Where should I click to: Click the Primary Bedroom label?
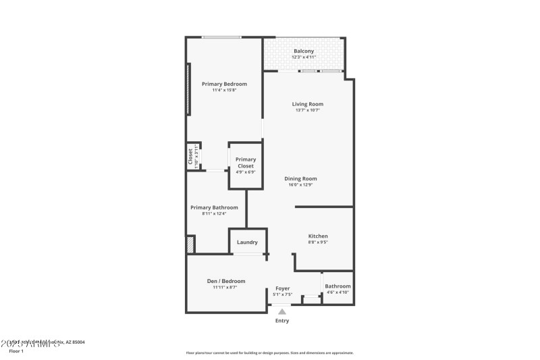(224, 84)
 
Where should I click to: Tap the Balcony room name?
(304, 51)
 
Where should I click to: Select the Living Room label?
(308, 104)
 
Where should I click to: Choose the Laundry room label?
(247, 242)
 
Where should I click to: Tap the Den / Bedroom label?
(225, 281)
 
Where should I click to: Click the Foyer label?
(281, 288)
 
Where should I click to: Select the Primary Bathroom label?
(214, 207)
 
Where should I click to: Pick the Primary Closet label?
(245, 162)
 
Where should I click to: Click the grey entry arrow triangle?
(282, 311)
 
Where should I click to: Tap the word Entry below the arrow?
(282, 321)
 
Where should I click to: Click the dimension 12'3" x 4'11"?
(304, 57)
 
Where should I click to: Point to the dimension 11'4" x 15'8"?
(224, 90)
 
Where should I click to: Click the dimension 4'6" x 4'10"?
(337, 292)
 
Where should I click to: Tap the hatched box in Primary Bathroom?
(191, 245)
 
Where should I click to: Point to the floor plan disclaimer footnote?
(269, 353)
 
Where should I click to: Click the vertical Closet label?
(190, 157)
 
